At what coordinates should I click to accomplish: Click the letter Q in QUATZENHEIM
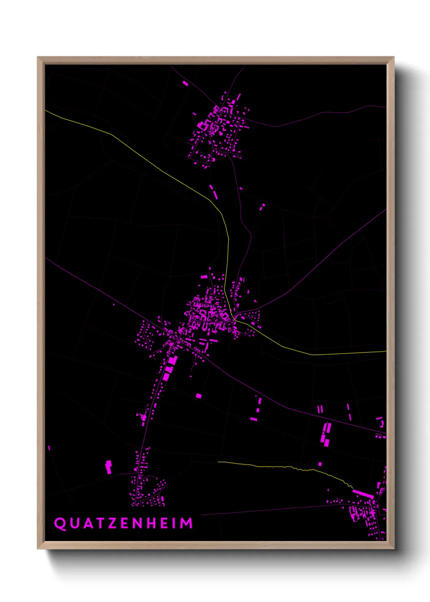[x=60, y=523]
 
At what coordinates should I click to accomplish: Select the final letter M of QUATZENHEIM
[x=186, y=523]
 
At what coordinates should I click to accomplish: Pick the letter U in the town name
[x=74, y=523]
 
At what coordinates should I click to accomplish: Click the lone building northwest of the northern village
[x=185, y=83]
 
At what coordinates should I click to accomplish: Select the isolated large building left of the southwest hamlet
[x=109, y=467]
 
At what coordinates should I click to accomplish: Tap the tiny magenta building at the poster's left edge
[x=49, y=448]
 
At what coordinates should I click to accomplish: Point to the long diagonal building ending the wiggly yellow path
[x=363, y=494]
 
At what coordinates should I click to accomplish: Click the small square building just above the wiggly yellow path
[x=320, y=464]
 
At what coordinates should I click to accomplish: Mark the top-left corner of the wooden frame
[x=38, y=57]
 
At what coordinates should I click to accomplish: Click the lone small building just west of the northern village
[x=194, y=114]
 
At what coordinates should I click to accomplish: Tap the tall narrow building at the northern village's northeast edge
[x=239, y=98]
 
